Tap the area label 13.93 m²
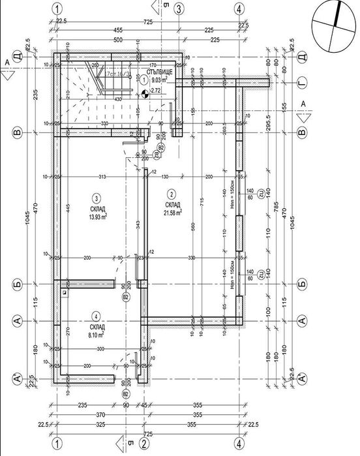point(98,216)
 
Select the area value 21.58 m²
point(172,211)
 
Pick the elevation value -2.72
point(155,91)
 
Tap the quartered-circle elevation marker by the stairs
point(145,93)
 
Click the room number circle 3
point(96,198)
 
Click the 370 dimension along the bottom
point(100,414)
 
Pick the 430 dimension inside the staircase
point(118,99)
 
